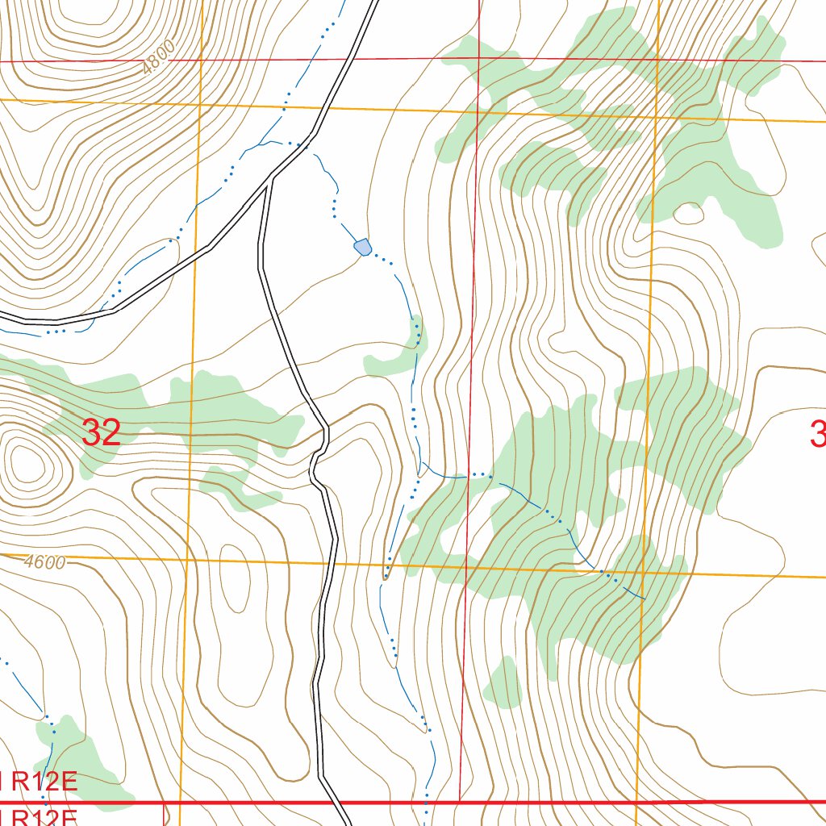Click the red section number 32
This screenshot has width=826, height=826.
coord(102,433)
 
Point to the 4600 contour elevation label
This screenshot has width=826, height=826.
coord(44,562)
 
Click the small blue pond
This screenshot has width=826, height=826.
coord(363,247)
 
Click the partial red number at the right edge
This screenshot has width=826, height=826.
coord(818,436)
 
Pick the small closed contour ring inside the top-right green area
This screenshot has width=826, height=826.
coord(688,214)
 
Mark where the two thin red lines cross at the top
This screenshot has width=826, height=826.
coord(479,59)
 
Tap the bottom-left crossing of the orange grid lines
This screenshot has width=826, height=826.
coord(186,558)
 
